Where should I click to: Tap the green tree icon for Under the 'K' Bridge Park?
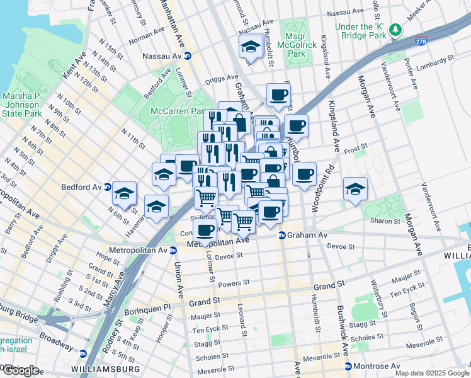point(395,30)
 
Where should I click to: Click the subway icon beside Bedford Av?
point(107,187)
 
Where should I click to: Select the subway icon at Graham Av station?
point(281,235)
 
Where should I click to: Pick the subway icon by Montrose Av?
point(348,366)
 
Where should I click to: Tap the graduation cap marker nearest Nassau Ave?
point(251,47)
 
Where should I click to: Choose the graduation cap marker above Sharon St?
point(355,188)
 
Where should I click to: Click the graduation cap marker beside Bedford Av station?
point(125,193)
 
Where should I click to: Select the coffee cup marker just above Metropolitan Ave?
point(205,231)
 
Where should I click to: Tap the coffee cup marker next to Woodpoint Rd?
point(304,174)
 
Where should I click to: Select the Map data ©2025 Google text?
point(431,372)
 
